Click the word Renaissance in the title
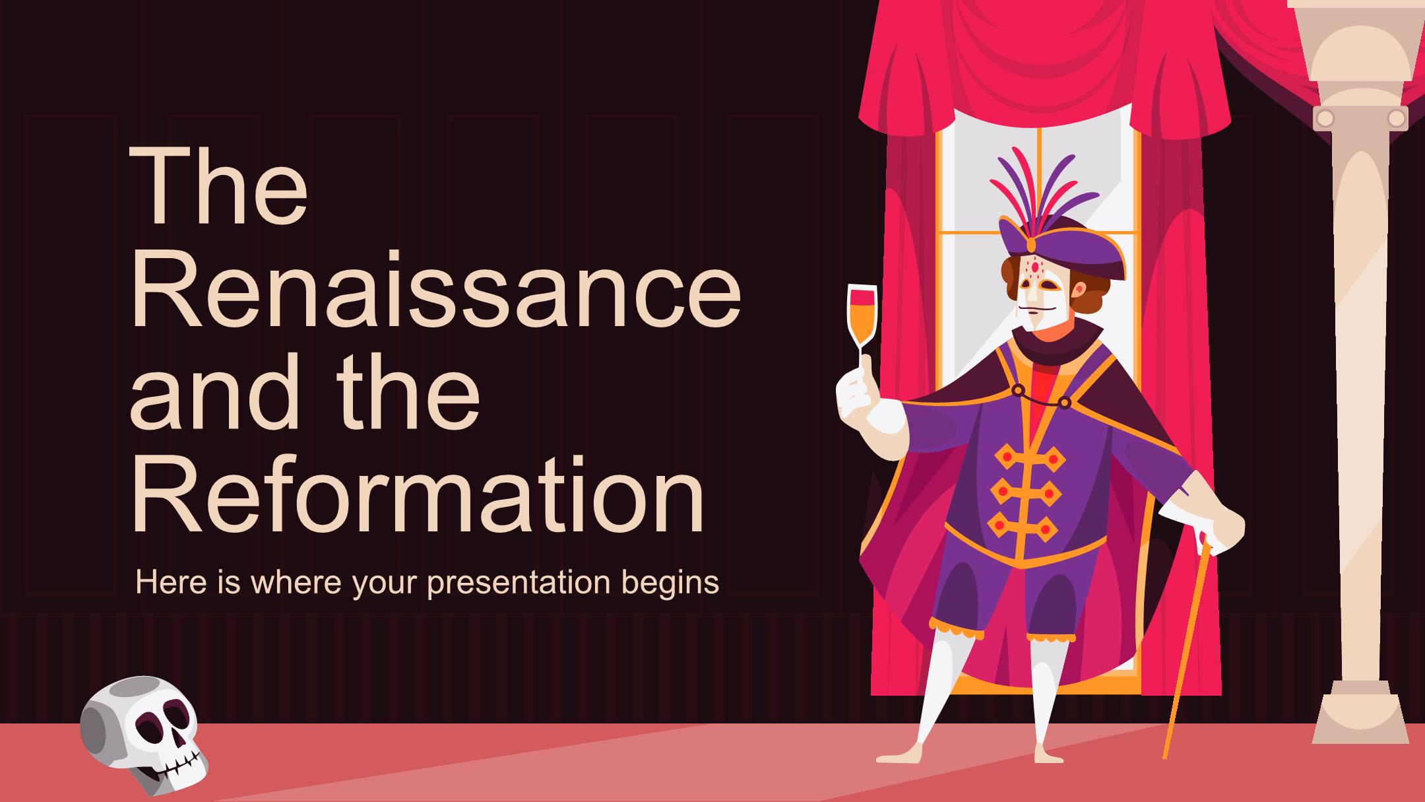tap(435, 290)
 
